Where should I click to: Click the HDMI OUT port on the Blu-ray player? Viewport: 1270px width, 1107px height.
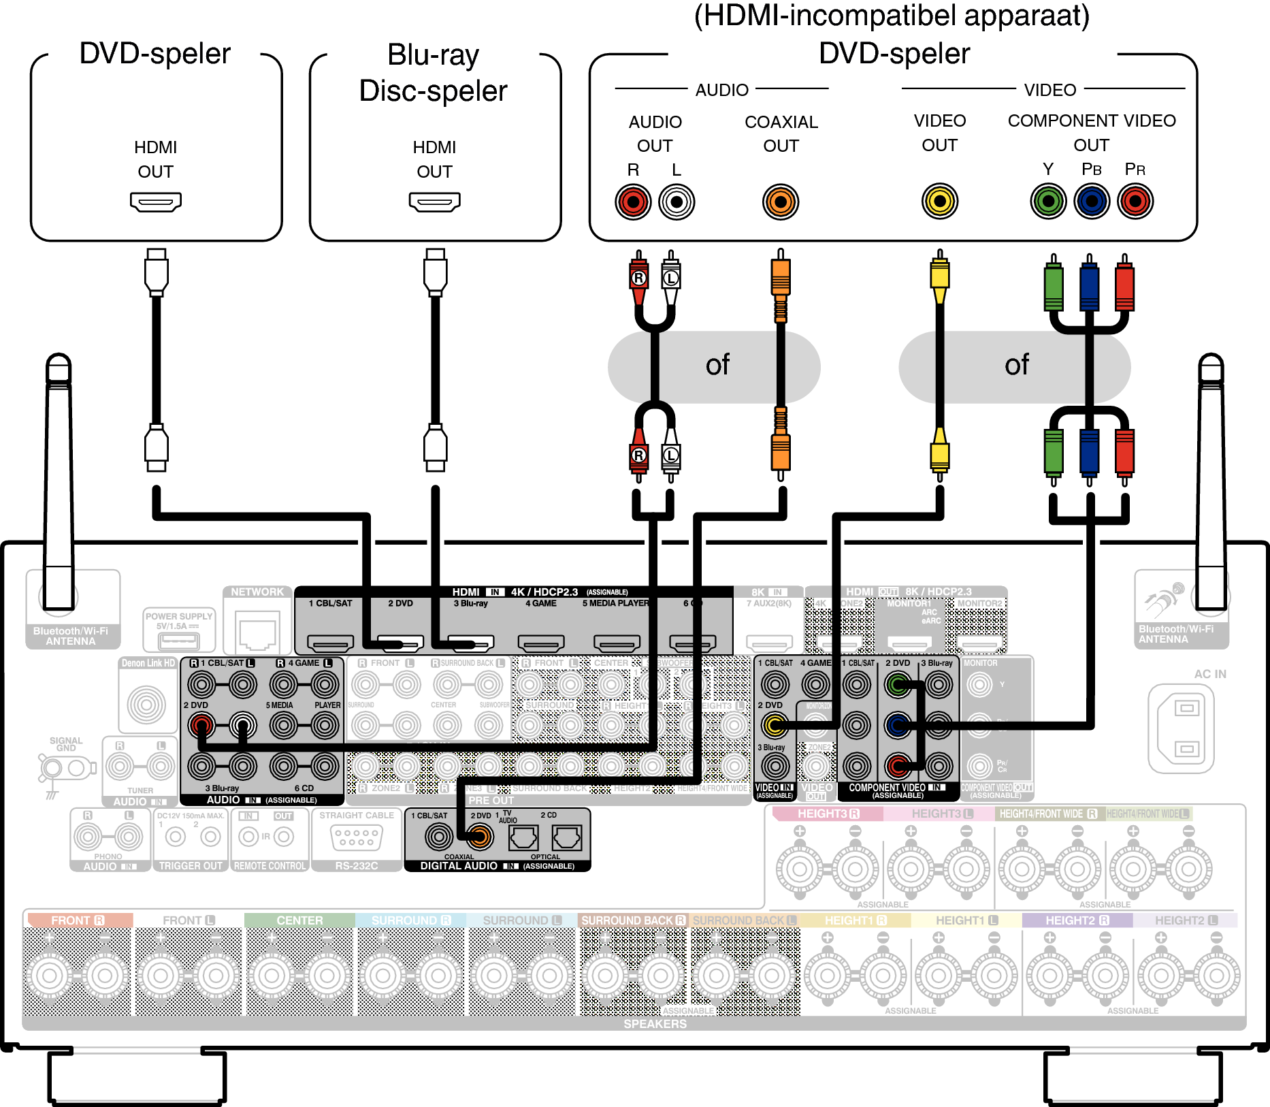tap(434, 202)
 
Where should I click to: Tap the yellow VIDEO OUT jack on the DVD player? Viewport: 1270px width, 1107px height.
tap(939, 202)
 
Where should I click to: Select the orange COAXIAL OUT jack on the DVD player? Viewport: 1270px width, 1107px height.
tap(781, 202)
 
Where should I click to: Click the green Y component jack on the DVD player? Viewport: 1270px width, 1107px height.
tap(1048, 202)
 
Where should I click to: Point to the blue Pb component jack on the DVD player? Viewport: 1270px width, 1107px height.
tap(1092, 202)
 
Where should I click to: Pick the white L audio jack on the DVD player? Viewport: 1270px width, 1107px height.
tap(677, 202)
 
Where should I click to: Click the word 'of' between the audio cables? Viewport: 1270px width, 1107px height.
tap(717, 366)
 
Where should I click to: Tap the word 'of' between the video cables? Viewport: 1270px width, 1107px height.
tap(1017, 366)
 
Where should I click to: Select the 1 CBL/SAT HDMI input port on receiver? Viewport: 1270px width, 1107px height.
tap(331, 642)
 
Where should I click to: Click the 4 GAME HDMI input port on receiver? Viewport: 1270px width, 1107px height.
tap(541, 642)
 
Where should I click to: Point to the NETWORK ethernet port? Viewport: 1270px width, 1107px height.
tap(257, 631)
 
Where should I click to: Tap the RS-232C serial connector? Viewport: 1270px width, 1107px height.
tap(357, 837)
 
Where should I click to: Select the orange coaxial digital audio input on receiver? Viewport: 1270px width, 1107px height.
tap(479, 837)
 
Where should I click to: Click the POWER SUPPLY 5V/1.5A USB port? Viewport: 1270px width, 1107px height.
tap(178, 641)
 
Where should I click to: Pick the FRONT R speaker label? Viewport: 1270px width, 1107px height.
tap(78, 920)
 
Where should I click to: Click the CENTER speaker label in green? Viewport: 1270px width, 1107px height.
tap(299, 920)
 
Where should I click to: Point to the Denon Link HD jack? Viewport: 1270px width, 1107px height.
tap(146, 704)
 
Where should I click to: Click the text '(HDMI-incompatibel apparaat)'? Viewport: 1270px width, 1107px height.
tap(892, 15)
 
